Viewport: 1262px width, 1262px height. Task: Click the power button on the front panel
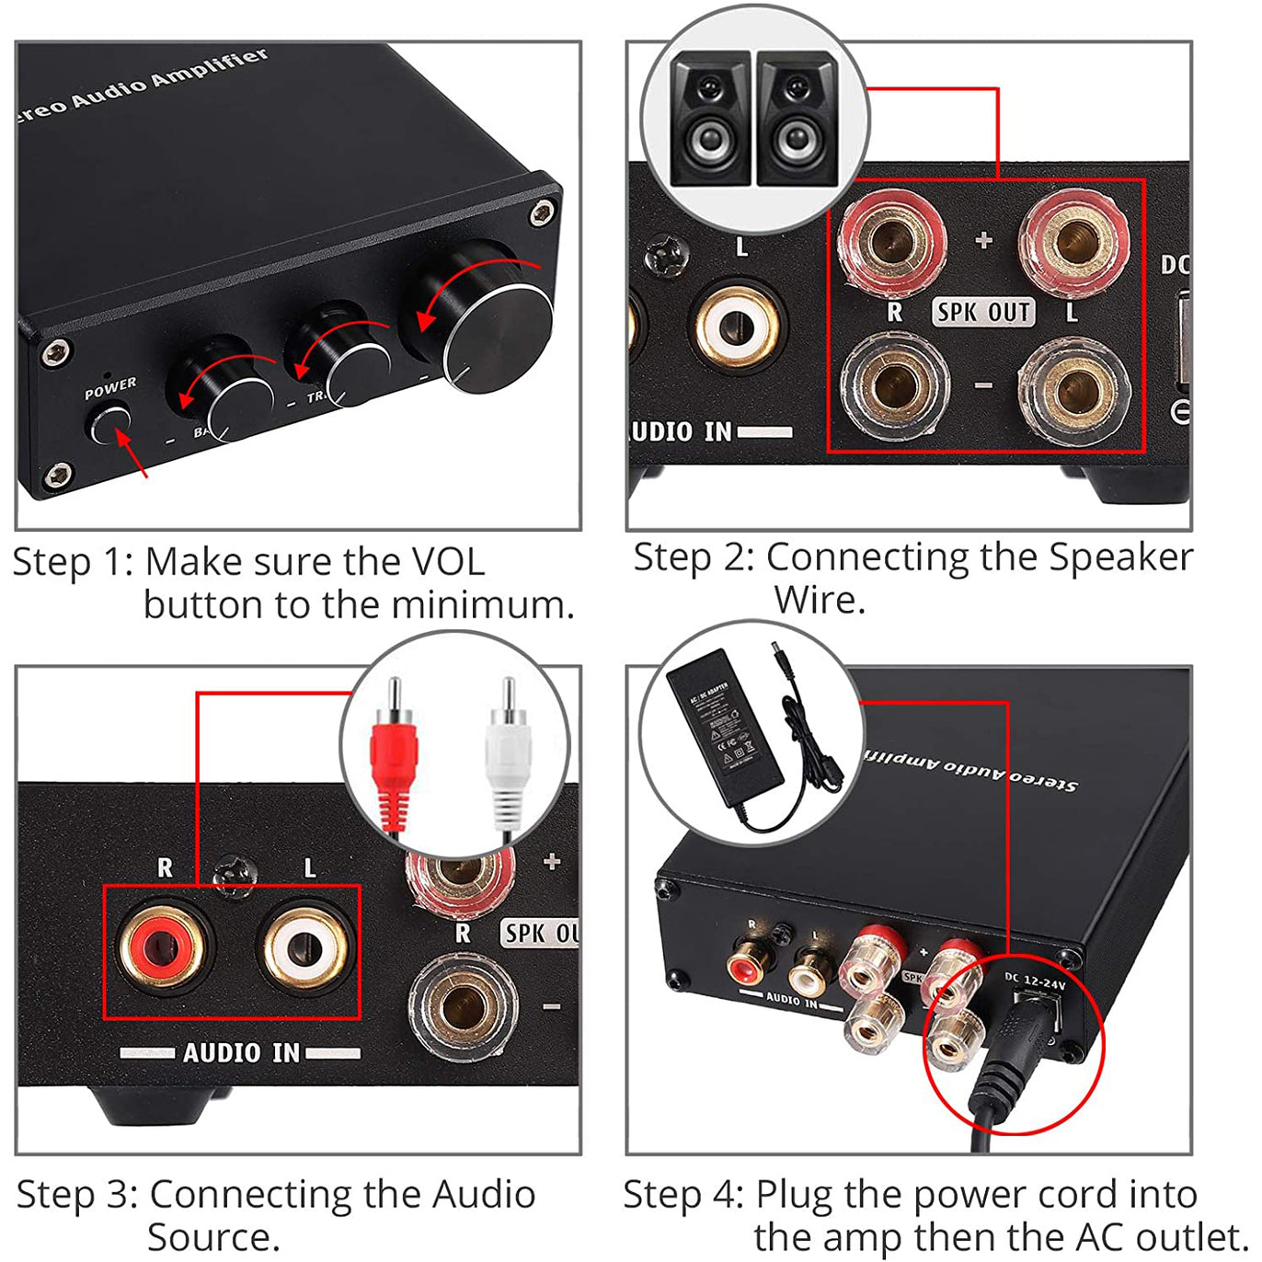[109, 424]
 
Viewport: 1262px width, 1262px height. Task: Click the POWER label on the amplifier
[110, 388]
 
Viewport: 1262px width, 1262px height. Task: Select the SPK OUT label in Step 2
[983, 313]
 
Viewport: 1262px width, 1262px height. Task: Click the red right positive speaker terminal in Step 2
[890, 241]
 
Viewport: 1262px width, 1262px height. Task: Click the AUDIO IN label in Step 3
[241, 1052]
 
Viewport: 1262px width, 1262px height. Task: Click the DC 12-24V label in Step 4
[1034, 982]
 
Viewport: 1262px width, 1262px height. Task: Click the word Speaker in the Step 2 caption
[1120, 557]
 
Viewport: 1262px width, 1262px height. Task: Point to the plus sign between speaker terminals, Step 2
[984, 241]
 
